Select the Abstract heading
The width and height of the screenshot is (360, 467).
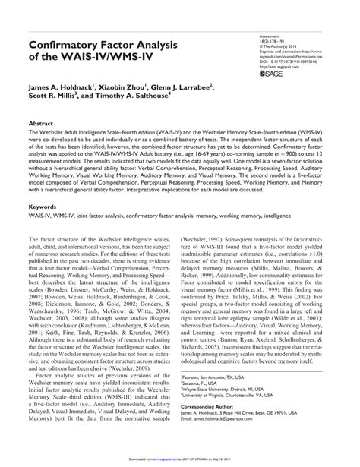(x=43, y=122)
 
